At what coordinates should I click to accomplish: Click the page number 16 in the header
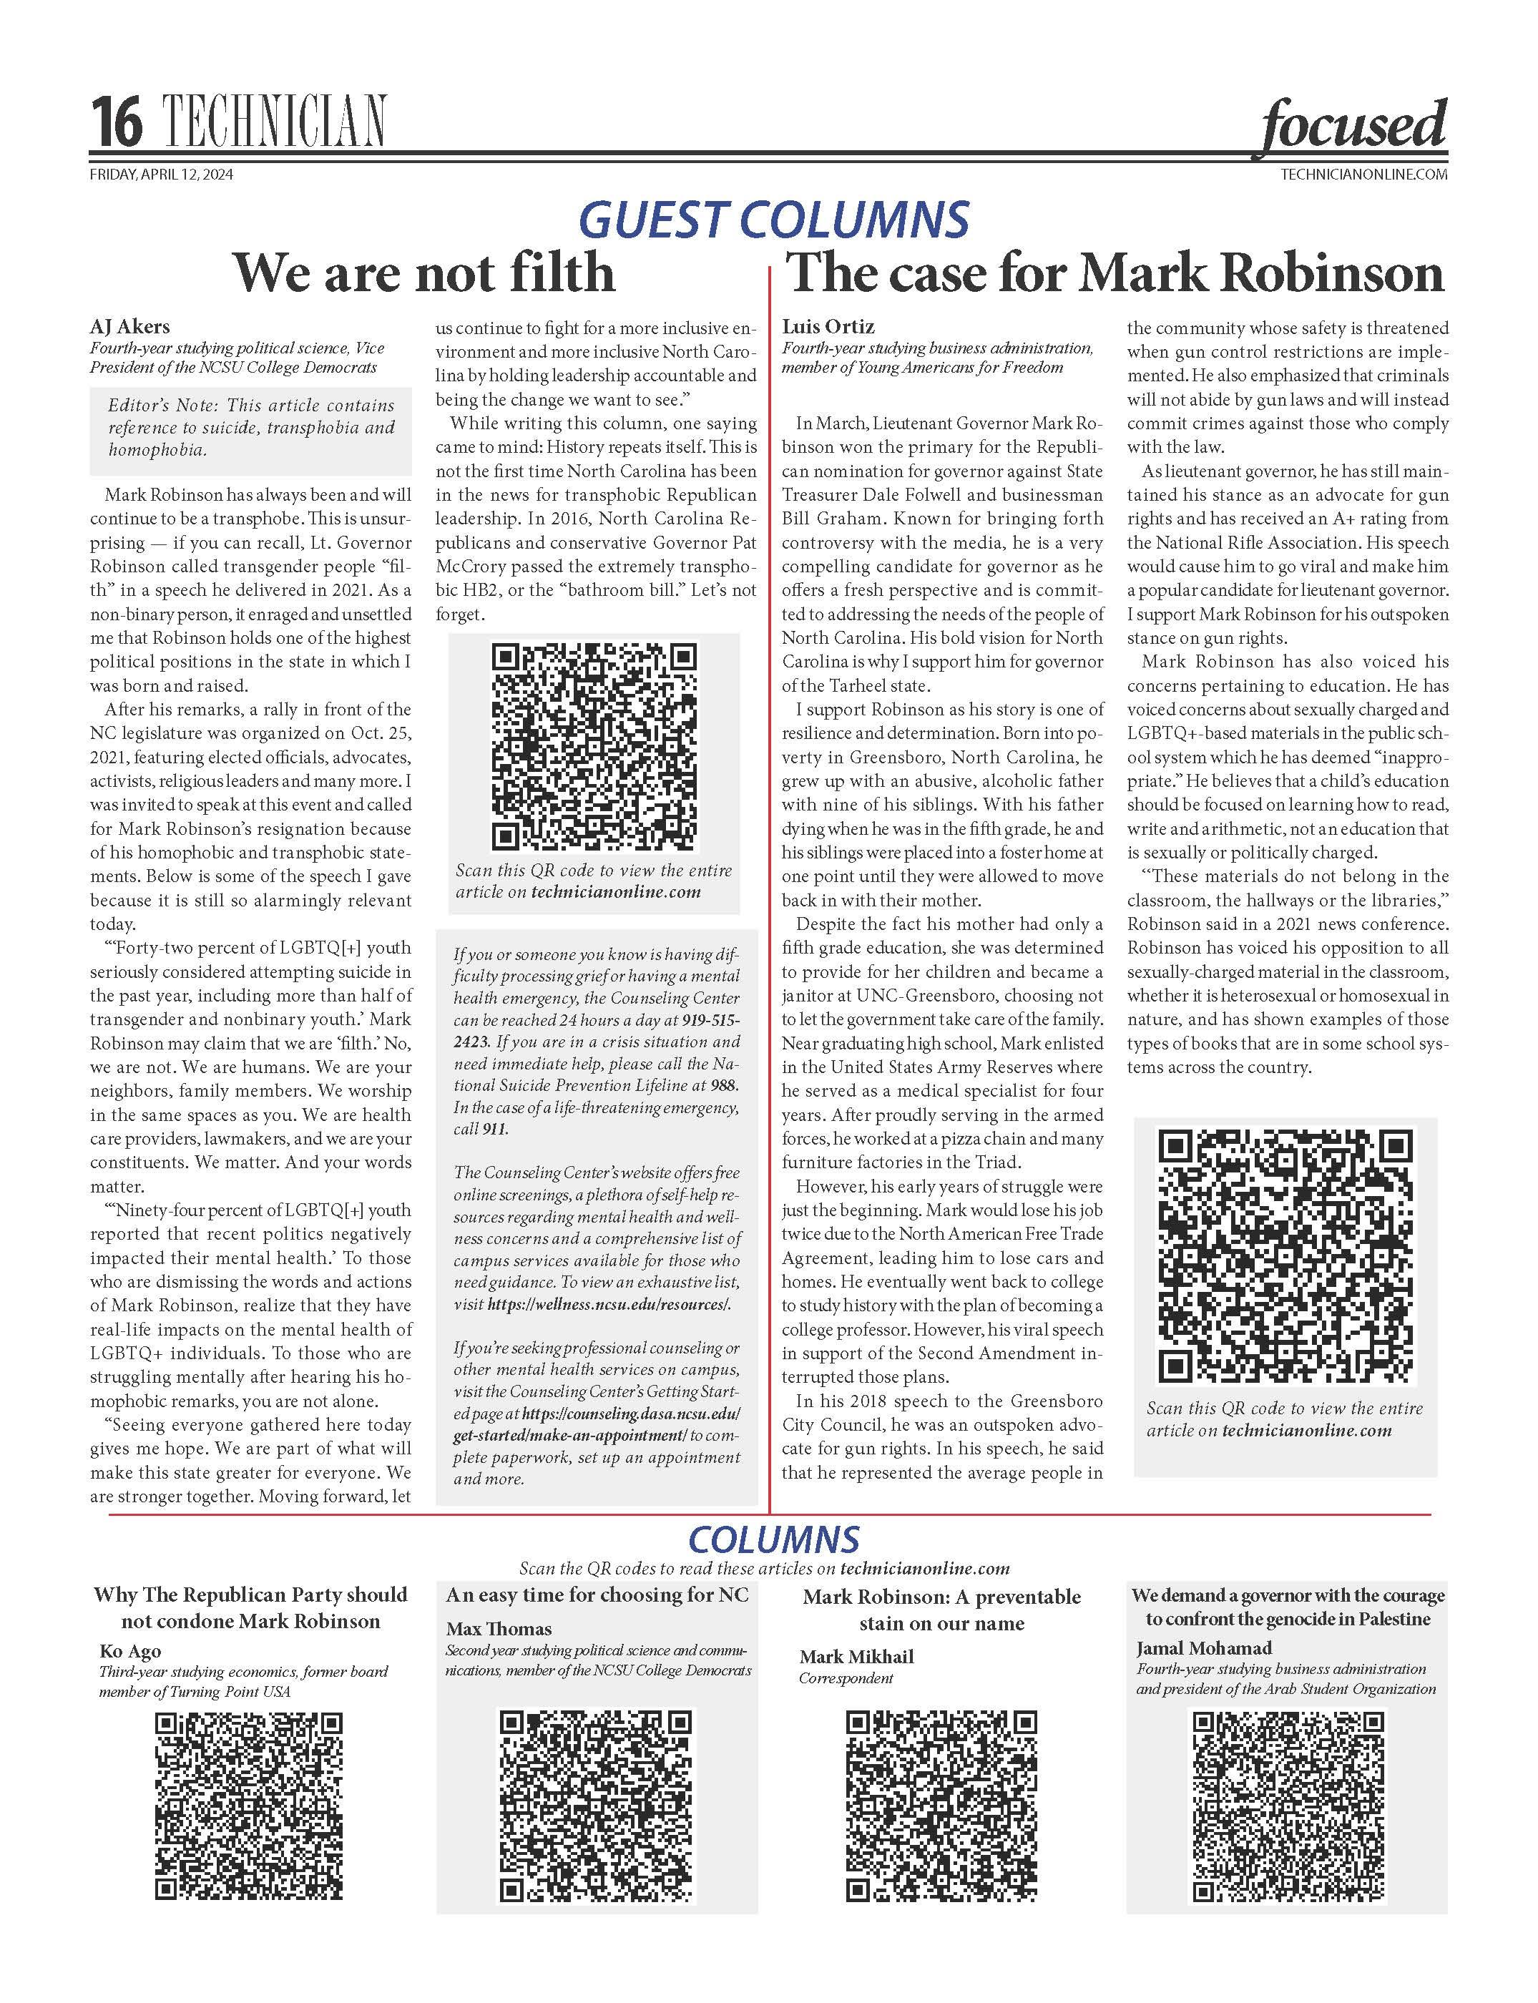click(x=117, y=124)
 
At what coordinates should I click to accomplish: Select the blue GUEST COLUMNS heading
click(x=773, y=220)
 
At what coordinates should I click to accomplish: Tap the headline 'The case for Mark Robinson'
click(x=1115, y=273)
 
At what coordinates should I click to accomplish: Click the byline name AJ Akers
click(x=130, y=327)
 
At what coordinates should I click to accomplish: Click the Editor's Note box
click(x=251, y=428)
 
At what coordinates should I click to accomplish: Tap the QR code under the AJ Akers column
click(x=594, y=747)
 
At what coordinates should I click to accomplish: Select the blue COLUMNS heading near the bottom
click(x=773, y=1539)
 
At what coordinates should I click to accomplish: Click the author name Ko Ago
click(x=130, y=1650)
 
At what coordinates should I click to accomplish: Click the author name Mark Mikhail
click(x=856, y=1656)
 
